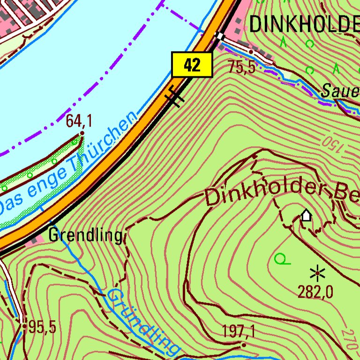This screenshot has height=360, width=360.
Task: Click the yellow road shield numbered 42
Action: click(x=192, y=65)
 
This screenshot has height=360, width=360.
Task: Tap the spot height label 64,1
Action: click(x=78, y=121)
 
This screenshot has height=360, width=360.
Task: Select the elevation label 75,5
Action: click(x=242, y=67)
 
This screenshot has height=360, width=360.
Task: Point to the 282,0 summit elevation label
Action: click(x=315, y=292)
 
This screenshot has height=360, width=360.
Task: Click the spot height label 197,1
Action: click(x=239, y=332)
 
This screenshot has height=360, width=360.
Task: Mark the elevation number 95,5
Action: click(x=42, y=327)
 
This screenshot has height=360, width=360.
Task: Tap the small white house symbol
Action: click(x=306, y=215)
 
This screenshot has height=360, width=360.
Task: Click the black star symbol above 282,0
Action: click(x=318, y=272)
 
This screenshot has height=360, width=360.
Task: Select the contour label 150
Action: click(x=333, y=144)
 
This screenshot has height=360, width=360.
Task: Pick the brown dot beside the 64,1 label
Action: click(x=82, y=134)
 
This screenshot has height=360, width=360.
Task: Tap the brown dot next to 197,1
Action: click(x=243, y=345)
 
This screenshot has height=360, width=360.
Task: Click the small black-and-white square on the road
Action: click(x=220, y=36)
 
